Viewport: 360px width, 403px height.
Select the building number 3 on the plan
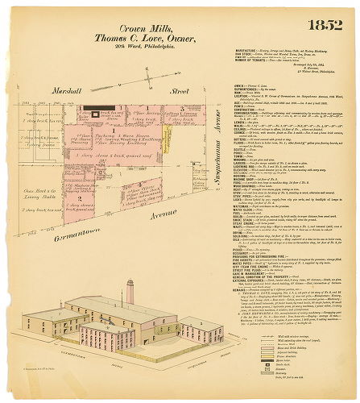click(183, 107)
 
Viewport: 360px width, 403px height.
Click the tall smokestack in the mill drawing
click(130, 292)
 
